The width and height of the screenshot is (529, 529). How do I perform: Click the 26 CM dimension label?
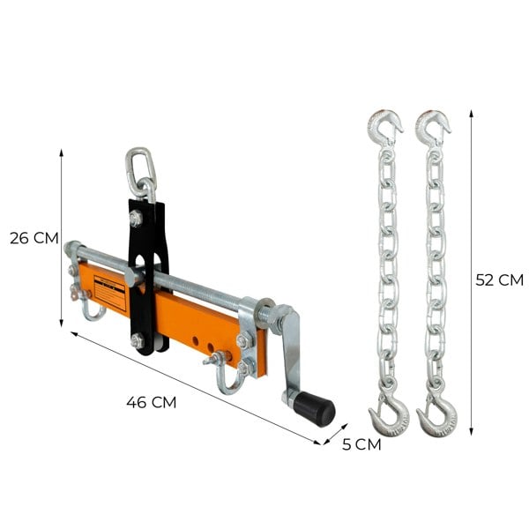tap(34, 238)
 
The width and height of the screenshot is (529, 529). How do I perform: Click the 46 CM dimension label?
tap(151, 402)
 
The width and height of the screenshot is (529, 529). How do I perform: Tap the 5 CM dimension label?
tap(361, 444)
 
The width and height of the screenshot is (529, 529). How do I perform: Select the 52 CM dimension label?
tap(499, 280)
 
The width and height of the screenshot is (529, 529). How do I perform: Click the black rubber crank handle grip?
tap(315, 408)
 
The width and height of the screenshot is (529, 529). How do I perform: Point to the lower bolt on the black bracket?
tap(138, 340)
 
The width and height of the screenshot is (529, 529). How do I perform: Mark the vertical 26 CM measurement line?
tap(62, 238)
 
